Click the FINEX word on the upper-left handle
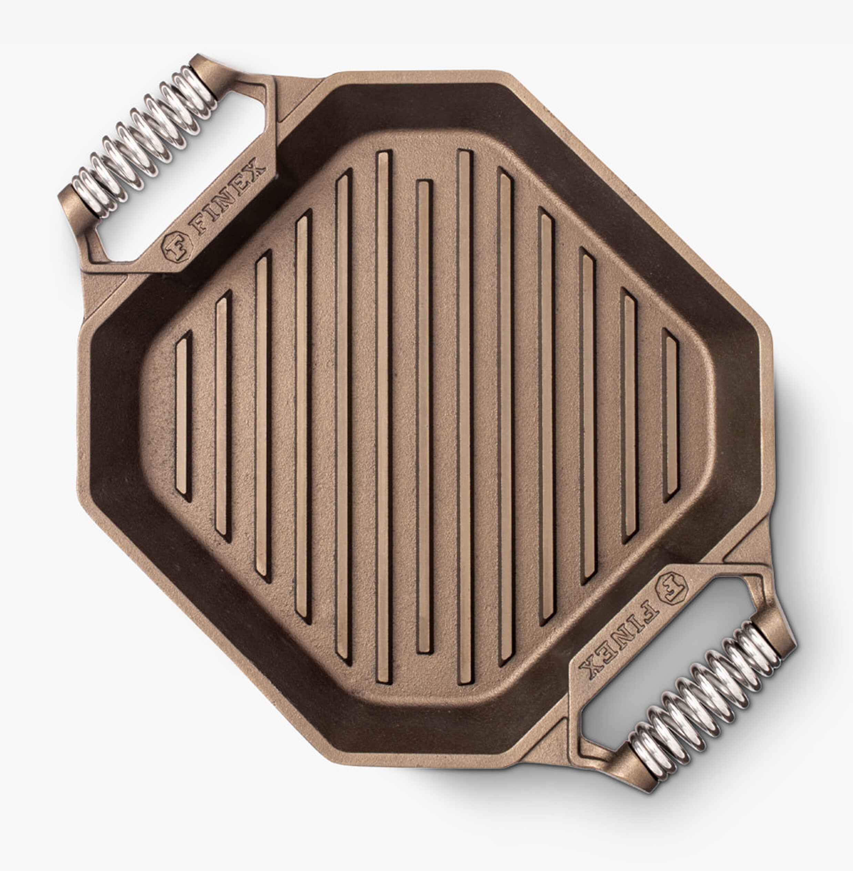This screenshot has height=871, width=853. point(229,197)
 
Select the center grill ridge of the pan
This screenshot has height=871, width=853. point(424,417)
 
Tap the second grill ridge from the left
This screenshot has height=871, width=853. point(223,417)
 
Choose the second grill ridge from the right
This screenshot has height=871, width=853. point(629,417)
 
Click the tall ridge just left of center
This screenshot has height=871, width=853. point(384,417)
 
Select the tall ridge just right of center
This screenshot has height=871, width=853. point(465,417)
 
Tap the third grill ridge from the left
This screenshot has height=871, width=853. point(263,417)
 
